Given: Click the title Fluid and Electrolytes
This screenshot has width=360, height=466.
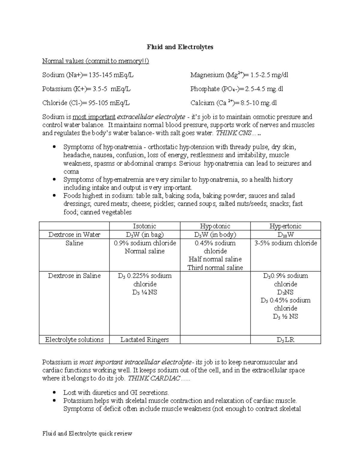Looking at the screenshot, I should [180, 47].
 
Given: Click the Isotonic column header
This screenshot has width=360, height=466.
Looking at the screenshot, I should [145, 226].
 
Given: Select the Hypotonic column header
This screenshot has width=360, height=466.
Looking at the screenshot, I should [215, 226].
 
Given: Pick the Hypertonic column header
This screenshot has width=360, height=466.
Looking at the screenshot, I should [285, 226].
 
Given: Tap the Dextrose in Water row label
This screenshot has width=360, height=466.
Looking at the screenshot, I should [74, 235].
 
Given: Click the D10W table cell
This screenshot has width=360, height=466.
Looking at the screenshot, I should [285, 235].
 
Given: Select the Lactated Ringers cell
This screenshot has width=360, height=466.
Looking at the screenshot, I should [145, 340].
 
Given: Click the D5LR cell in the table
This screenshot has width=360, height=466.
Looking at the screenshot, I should [285, 340].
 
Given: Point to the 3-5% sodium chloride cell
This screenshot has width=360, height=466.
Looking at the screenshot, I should [285, 243].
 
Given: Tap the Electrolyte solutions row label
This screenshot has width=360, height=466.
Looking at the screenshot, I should [74, 340].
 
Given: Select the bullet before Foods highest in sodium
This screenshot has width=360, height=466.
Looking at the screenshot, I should [54, 196].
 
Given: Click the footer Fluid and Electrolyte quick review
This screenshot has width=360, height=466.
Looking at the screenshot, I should [87, 434].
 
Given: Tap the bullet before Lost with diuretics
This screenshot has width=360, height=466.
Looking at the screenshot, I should [54, 392].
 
